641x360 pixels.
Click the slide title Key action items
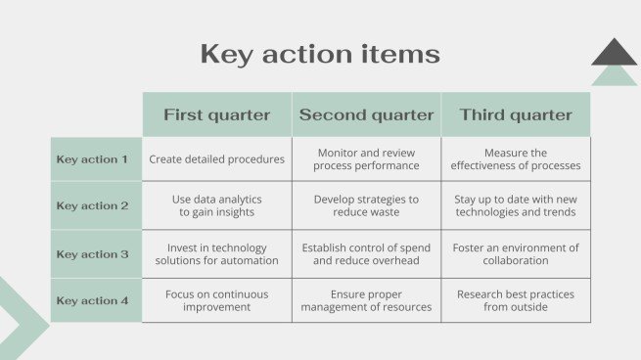point(320,55)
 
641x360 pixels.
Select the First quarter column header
point(217,114)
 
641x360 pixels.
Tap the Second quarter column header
point(366,114)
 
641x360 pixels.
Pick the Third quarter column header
point(516,114)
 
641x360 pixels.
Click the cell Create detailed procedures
point(217,158)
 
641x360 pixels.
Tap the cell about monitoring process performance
point(366,158)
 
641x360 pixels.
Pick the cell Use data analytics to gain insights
point(217,205)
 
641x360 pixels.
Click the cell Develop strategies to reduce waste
point(366,205)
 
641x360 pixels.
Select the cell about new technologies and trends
point(516,205)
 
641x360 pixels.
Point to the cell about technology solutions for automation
point(217,254)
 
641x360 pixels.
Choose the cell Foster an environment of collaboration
point(516,254)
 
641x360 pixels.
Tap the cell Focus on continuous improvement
point(217,300)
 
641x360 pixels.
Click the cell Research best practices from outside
point(516,300)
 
